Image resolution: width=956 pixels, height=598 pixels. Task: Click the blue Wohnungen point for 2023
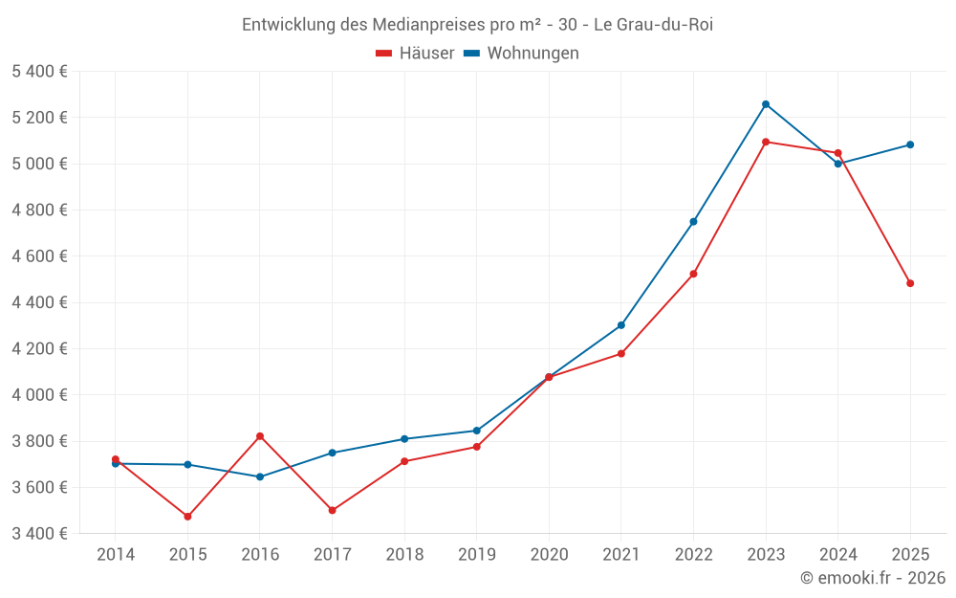click(x=766, y=104)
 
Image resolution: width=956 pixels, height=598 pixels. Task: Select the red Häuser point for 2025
click(x=910, y=283)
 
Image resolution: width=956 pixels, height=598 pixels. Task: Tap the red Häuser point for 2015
click(x=187, y=517)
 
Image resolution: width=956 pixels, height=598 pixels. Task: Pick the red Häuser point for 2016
click(x=260, y=436)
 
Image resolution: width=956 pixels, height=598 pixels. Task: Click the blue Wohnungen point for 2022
click(x=693, y=221)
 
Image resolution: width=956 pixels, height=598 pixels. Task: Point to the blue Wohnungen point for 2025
click(x=910, y=144)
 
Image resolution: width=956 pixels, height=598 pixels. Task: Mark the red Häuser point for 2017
click(x=332, y=510)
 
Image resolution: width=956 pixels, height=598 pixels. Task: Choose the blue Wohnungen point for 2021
click(x=621, y=325)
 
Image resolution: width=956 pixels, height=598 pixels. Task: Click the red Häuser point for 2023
click(x=766, y=142)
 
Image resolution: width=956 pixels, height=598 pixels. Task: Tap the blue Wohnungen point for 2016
click(x=260, y=476)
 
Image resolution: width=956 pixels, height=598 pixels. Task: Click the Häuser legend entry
click(x=416, y=54)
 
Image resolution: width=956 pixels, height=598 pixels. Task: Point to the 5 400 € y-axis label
click(x=39, y=72)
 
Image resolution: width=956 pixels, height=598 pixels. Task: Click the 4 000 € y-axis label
click(x=39, y=395)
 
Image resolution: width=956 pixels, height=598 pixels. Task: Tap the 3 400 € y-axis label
click(x=39, y=534)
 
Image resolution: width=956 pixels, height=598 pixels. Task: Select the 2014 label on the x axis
click(x=116, y=555)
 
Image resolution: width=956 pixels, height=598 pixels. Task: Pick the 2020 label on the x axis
click(x=549, y=555)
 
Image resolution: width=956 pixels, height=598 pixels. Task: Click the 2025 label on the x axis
click(x=910, y=555)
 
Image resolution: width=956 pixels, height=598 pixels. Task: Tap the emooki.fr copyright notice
click(x=873, y=578)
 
